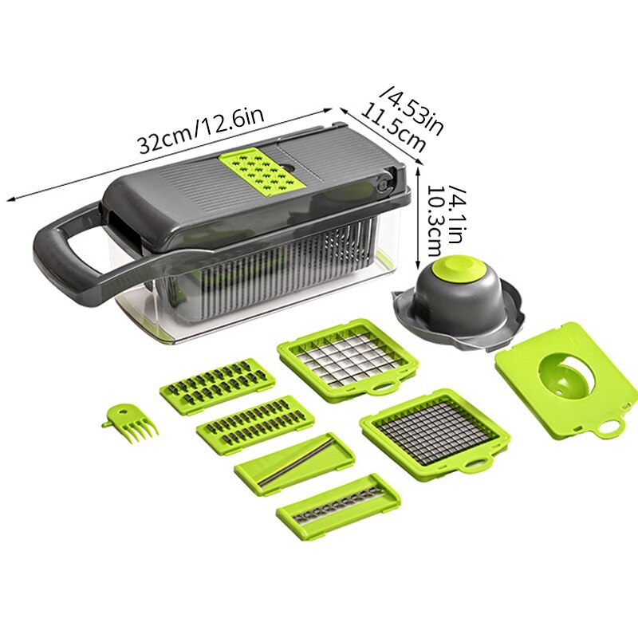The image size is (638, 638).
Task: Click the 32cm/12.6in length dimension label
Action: coord(200,130)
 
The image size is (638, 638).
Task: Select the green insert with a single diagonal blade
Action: coord(294,464)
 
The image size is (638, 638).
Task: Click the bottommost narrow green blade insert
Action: coord(338,506)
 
